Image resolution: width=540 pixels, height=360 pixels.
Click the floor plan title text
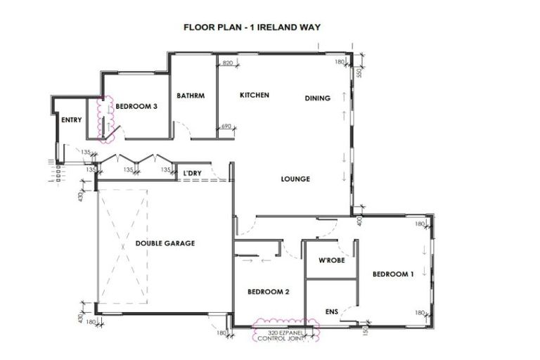coord(252,27)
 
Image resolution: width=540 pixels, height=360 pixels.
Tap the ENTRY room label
coord(71,120)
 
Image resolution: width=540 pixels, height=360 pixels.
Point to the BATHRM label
coord(191,96)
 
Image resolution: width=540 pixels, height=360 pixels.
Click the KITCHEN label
coord(254,96)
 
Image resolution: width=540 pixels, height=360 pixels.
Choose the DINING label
coord(317,98)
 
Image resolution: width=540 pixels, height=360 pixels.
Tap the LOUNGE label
coord(295,179)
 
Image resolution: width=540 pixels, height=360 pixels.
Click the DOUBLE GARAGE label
coord(165,243)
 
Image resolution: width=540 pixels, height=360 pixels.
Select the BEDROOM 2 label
coord(269,291)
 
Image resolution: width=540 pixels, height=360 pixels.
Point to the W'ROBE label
coord(330,261)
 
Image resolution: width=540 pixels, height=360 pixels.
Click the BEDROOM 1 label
coord(392,274)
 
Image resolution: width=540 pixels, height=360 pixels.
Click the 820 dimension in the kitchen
coord(227,63)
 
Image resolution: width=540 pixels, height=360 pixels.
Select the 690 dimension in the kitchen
coord(226,127)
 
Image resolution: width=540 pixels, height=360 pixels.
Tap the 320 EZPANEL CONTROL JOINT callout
coord(285,335)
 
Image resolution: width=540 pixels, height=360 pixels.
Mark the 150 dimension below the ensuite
coord(366,328)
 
